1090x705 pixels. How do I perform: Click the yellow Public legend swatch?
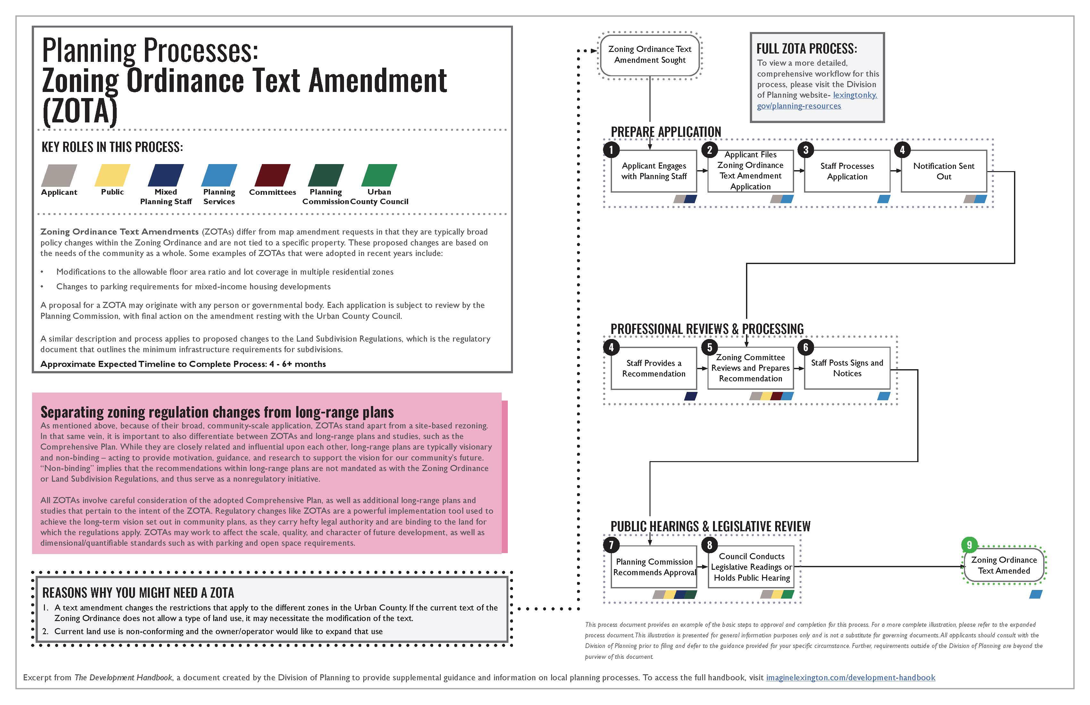(x=112, y=175)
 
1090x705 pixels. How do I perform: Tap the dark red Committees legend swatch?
(x=272, y=175)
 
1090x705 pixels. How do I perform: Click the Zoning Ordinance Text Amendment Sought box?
(x=650, y=54)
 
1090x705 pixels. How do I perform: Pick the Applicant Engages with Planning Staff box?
(x=654, y=171)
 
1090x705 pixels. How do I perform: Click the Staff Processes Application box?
(x=847, y=171)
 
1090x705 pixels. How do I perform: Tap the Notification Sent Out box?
(x=943, y=171)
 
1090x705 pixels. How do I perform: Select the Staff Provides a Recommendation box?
(x=654, y=368)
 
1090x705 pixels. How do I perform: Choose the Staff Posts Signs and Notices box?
(x=847, y=368)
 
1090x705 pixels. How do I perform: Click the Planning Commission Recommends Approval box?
(x=654, y=567)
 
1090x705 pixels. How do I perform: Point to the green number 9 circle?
(x=969, y=545)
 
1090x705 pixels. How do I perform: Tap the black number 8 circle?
(x=709, y=545)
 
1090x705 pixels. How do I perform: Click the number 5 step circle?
(x=709, y=347)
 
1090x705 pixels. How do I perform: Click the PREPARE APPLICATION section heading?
(x=666, y=132)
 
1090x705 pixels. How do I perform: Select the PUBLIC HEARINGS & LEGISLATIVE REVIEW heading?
(x=710, y=527)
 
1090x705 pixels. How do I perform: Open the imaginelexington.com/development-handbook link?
(x=851, y=677)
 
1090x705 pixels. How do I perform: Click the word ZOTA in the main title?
(x=80, y=111)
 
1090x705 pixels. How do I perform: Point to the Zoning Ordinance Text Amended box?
(x=1004, y=565)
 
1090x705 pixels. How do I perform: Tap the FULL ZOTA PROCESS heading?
(x=807, y=48)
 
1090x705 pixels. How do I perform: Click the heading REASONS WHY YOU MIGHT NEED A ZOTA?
(x=138, y=593)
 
